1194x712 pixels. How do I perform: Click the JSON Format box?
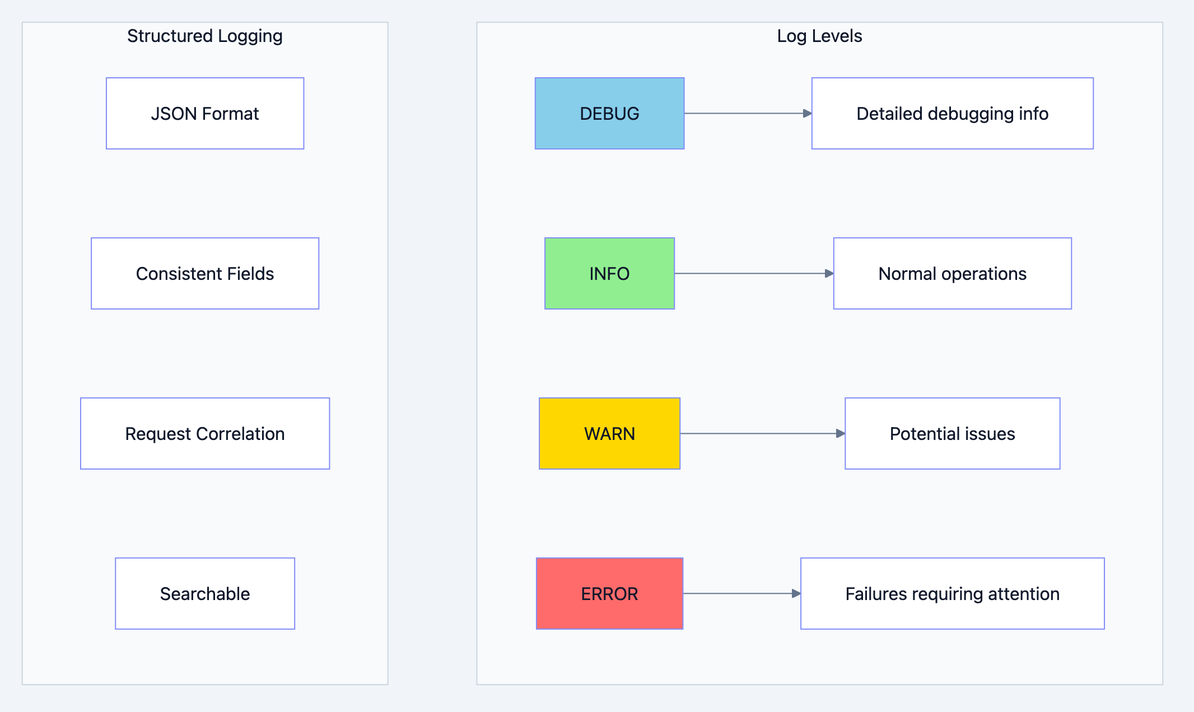205,114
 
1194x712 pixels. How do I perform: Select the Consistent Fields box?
205,274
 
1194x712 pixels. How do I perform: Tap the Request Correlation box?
205,434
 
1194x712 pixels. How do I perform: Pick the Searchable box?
205,594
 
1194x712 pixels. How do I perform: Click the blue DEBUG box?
609,114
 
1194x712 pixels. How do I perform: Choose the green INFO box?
609,274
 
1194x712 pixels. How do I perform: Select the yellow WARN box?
609,434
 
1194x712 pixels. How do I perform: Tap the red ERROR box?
609,594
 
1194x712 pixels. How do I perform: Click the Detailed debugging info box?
952,114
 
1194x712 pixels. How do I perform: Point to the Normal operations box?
952,274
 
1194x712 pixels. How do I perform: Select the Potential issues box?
952,434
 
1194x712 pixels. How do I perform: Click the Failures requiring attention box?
952,594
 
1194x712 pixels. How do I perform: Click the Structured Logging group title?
205,36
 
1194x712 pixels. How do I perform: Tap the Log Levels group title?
819,36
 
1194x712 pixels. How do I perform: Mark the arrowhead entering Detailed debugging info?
808,114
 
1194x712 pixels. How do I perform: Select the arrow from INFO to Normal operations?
753,274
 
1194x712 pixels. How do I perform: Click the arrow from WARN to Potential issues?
762,434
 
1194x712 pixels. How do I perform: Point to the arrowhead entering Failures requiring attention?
796,594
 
